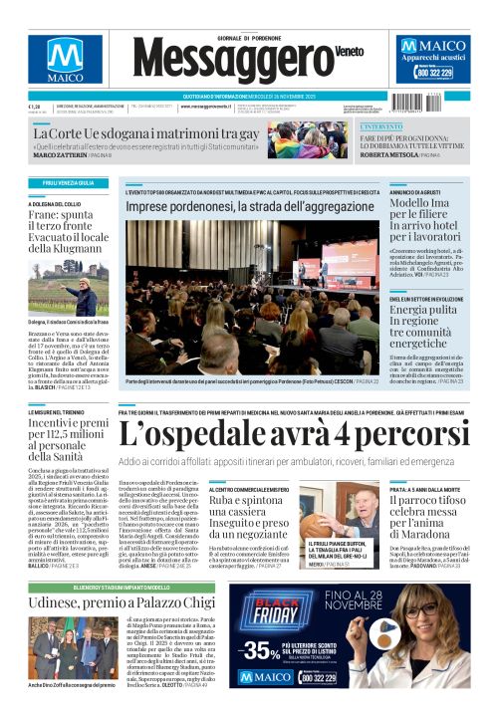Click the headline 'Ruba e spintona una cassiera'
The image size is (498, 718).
(x=244, y=528)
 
